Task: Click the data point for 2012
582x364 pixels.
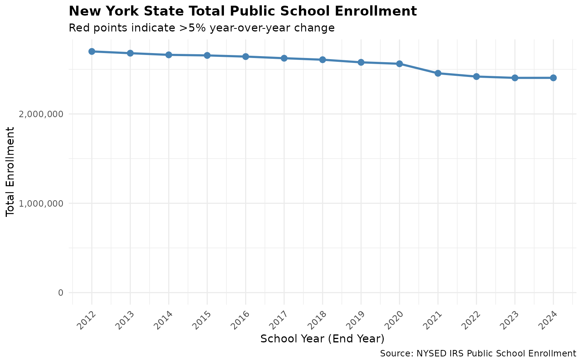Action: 92,52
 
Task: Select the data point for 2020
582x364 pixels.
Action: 399,64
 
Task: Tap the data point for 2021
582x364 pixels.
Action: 438,73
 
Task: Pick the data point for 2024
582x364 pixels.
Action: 553,78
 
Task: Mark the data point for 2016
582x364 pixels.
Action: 246,56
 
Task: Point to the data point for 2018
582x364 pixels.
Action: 322,60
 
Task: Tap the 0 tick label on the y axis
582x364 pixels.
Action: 60,293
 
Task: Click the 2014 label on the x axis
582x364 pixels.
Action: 164,320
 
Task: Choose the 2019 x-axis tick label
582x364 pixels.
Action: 356,320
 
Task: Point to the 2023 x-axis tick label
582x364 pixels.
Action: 510,320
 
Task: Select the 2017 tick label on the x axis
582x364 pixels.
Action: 279,320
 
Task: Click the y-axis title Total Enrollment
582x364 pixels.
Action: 11,172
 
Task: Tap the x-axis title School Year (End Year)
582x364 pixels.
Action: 322,339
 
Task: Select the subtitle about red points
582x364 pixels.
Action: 202,28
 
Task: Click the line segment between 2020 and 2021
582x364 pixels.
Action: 418,69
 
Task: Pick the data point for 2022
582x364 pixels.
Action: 476,77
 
